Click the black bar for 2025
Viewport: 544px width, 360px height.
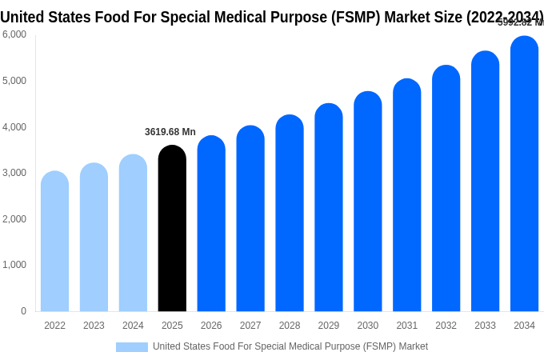pos(172,229)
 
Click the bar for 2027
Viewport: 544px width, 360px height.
pos(250,219)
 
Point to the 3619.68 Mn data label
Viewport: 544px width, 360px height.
pos(170,132)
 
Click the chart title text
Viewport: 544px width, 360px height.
pos(272,17)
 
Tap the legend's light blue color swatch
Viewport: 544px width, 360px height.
pos(132,347)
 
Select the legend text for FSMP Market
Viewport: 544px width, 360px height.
pos(290,347)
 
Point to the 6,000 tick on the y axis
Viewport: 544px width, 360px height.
pos(14,34)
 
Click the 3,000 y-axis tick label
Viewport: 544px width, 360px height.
pos(14,173)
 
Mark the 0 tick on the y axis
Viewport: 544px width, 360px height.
pos(23,311)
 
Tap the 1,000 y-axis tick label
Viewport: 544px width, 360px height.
pos(14,265)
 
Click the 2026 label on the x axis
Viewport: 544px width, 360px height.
pos(211,326)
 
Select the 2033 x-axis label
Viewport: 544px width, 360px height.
pos(485,326)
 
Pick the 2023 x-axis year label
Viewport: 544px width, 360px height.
pos(94,326)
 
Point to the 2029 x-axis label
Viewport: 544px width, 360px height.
pos(329,326)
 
